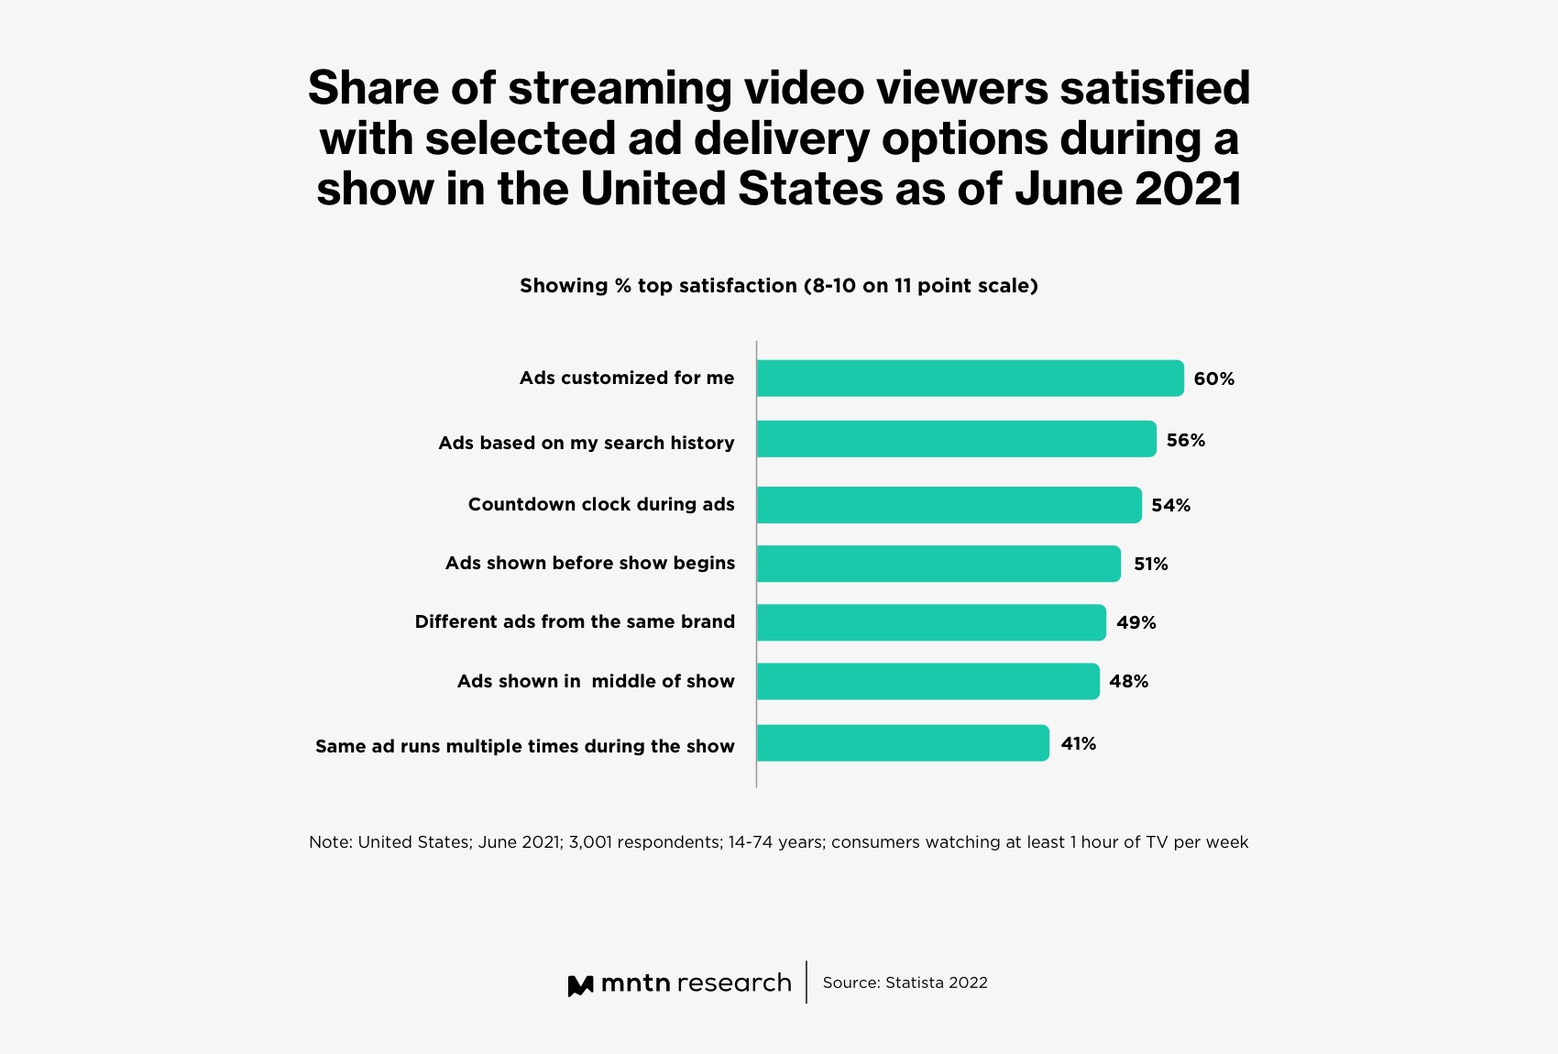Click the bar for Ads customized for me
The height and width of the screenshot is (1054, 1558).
970,379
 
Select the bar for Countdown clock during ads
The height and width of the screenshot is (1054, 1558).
949,505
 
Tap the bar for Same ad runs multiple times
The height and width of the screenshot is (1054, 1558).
903,743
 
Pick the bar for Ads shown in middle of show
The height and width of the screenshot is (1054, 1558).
927,681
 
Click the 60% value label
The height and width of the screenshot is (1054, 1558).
1213,379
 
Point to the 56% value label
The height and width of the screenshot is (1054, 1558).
1185,441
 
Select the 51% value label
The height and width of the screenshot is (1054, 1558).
1150,565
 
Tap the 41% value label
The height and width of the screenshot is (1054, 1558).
1078,744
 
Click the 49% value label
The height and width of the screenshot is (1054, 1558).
1136,623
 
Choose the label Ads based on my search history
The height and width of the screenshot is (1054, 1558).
586,444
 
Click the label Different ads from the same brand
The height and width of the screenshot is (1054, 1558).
575,622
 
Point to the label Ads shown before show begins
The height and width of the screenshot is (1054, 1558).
589,564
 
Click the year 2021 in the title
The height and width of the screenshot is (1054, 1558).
1188,189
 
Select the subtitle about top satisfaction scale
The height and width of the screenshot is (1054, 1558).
778,286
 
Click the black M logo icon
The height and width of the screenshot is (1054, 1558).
580,986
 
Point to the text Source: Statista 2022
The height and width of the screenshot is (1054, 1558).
905,983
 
